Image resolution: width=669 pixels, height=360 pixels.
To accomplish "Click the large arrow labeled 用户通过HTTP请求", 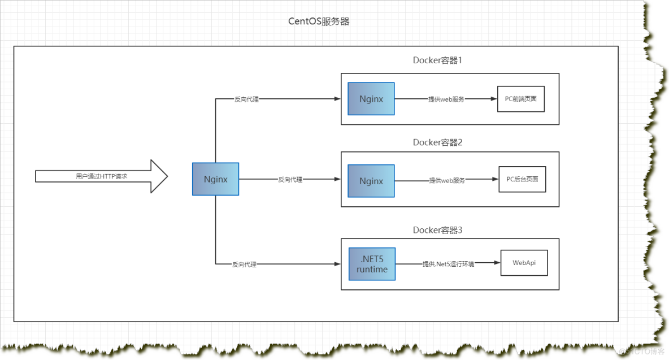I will point(102,176).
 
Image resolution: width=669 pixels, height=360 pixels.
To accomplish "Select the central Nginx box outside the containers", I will point(215,179).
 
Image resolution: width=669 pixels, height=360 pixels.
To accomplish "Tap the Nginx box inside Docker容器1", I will point(371,99).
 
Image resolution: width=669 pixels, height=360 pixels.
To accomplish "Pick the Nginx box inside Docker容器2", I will point(371,181).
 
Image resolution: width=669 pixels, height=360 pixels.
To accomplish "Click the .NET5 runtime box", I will point(372,264).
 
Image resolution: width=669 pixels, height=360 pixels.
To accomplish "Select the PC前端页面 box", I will point(520,99).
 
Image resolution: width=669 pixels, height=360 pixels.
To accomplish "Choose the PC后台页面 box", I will point(522,179).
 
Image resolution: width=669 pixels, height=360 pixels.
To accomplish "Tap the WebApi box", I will point(524,263).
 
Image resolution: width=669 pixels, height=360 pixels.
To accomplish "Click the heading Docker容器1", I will point(437,60).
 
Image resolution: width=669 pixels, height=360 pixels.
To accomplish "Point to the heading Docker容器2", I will point(437,142).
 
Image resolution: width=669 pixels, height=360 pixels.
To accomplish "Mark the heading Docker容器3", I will point(437,230).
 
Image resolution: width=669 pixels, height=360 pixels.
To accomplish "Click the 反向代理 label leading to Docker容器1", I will point(246,99).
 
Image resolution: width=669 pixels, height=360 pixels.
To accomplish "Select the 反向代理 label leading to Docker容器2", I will point(290,180).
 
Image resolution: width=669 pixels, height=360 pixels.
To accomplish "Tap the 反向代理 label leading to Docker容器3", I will point(244,264).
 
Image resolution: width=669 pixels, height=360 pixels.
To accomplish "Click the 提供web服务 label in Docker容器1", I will point(446,99).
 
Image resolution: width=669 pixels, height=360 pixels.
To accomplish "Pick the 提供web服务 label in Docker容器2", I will point(447,180).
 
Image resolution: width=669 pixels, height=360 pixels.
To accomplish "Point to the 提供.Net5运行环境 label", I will point(448,264).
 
